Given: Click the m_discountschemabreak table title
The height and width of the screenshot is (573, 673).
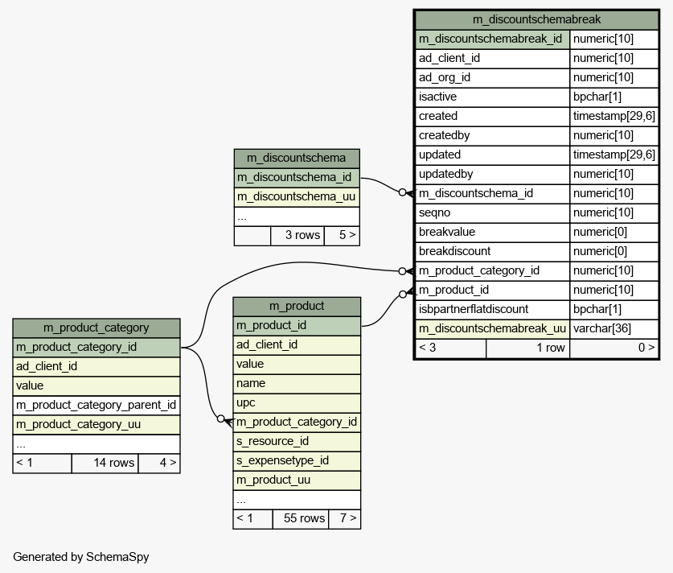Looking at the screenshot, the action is tap(536, 19).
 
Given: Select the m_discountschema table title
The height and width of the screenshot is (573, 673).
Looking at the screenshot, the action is tap(296, 158).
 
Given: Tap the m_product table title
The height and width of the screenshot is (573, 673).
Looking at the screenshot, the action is tap(297, 306).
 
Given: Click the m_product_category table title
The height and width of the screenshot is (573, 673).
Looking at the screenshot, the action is tap(96, 328).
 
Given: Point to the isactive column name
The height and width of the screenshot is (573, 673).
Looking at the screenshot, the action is tap(437, 97).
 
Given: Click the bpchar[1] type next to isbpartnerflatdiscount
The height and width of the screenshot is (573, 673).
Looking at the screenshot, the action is tap(597, 309).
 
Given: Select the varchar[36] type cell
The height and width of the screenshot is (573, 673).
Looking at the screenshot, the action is tap(601, 328).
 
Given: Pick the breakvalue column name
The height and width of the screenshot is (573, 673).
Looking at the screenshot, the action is tap(447, 232).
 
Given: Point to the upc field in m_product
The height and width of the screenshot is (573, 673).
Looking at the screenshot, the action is tap(245, 403).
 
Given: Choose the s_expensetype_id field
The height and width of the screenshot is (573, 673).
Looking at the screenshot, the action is tap(282, 460).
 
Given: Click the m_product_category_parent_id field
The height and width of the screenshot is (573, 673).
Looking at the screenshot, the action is tap(96, 405).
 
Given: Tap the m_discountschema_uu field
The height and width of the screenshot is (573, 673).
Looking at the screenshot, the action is tap(296, 196).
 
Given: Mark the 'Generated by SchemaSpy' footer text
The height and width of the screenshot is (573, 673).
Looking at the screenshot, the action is tap(81, 557).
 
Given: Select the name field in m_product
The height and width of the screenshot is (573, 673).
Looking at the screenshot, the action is tap(251, 383).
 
